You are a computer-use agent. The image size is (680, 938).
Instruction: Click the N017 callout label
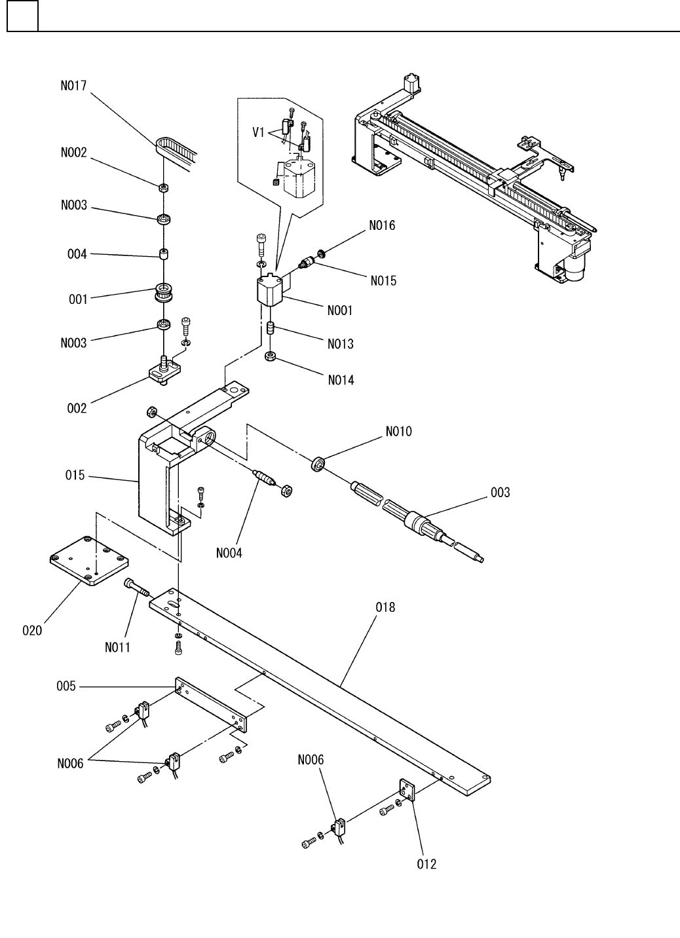point(73,86)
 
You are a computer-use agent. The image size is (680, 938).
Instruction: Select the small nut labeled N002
point(164,187)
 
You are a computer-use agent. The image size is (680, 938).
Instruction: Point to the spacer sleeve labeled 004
point(163,253)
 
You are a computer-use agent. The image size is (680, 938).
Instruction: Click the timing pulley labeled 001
point(164,292)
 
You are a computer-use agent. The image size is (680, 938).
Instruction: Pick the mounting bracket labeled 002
point(164,370)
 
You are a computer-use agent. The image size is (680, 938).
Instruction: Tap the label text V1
point(258,132)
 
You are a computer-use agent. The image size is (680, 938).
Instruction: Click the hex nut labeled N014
point(270,357)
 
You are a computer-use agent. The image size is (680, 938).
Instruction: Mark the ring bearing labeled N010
point(318,464)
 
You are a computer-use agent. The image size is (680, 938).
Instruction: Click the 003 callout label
point(500,493)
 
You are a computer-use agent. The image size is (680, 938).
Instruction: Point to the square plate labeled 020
point(89,561)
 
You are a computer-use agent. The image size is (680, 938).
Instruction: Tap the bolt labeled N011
point(136,588)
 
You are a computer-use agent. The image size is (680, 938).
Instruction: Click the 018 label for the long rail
point(385,607)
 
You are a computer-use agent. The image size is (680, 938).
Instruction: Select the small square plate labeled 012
point(407,790)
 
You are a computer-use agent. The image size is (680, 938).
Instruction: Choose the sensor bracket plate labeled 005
point(211,705)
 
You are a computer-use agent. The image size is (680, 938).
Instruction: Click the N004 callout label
point(229,553)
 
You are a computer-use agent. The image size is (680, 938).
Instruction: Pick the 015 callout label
point(75,476)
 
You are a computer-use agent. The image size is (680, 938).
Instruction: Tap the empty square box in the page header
point(23,16)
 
